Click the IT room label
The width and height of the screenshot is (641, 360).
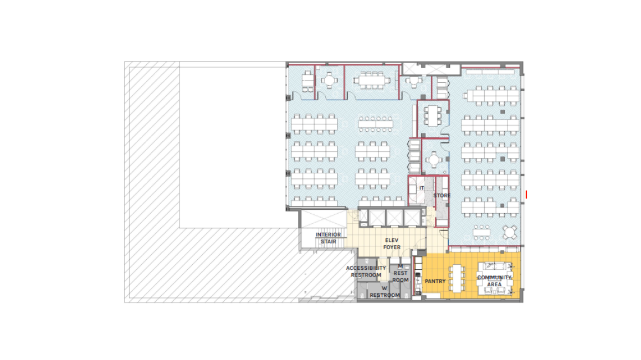tap(422, 188)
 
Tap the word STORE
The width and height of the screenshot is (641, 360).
tap(442, 196)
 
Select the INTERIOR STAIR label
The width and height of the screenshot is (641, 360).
tap(329, 238)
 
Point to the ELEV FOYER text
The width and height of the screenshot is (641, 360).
tap(392, 244)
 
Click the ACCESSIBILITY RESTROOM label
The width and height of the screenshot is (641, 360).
tap(366, 272)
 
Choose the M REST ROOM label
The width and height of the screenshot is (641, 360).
tap(401, 274)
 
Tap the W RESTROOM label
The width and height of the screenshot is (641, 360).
tap(384, 292)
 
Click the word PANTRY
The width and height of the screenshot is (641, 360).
tap(435, 281)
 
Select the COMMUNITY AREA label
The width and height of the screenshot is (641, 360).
tap(494, 281)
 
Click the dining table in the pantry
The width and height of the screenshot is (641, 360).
tap(457, 278)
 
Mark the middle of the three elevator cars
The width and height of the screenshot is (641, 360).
tap(394, 218)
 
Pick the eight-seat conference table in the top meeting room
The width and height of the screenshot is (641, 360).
tap(372, 80)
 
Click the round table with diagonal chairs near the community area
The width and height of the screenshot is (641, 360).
tap(509, 233)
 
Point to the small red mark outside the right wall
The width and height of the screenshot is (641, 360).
tap(526, 195)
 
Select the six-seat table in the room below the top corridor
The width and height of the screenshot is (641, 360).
tap(433, 116)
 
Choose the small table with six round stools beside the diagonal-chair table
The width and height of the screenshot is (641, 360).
tap(481, 232)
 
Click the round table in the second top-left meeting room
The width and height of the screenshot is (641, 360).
tap(330, 80)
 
